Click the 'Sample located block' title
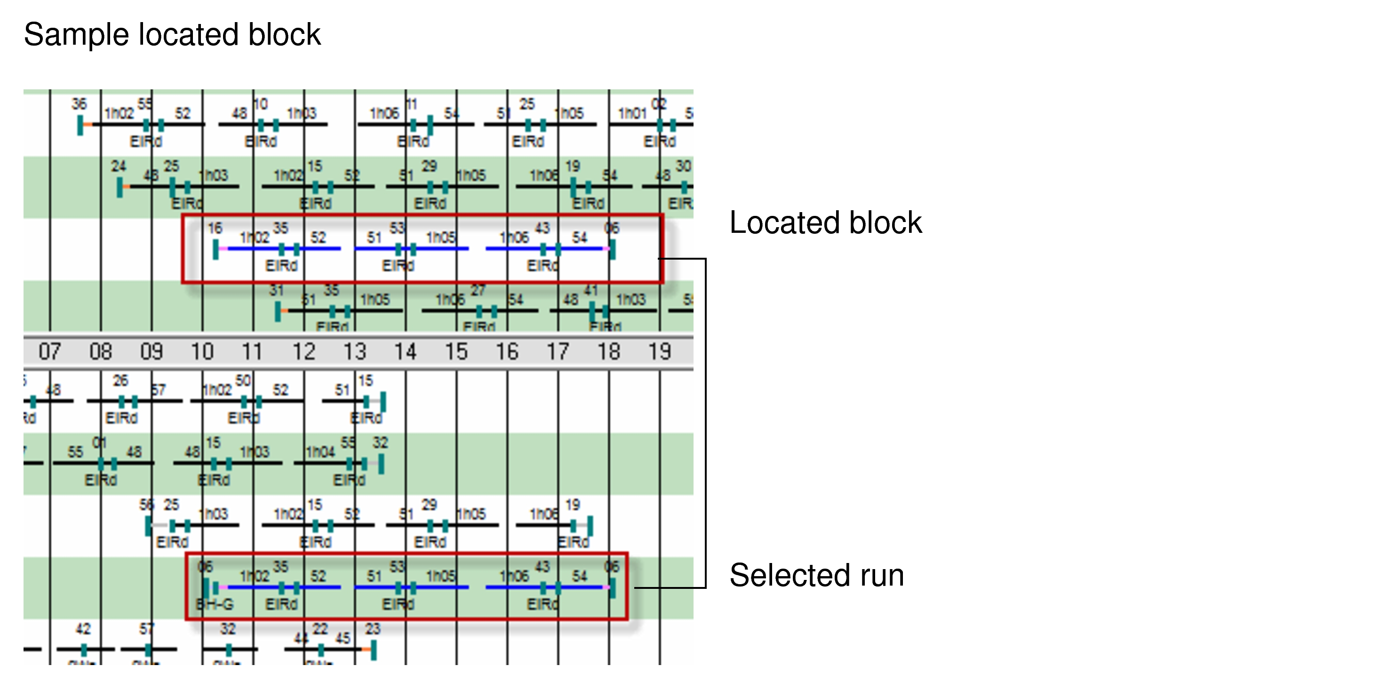172,34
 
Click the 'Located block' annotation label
825,222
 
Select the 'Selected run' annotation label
816,575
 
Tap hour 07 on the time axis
49,352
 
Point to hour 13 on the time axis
355,352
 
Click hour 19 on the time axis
659,352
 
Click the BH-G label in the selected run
215,604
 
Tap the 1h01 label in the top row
632,113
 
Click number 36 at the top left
79,103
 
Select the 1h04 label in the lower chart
320,452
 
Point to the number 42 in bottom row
83,629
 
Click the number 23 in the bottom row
373,629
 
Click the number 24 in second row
119,166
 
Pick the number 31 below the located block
276,290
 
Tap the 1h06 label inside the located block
514,238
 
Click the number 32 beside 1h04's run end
381,443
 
